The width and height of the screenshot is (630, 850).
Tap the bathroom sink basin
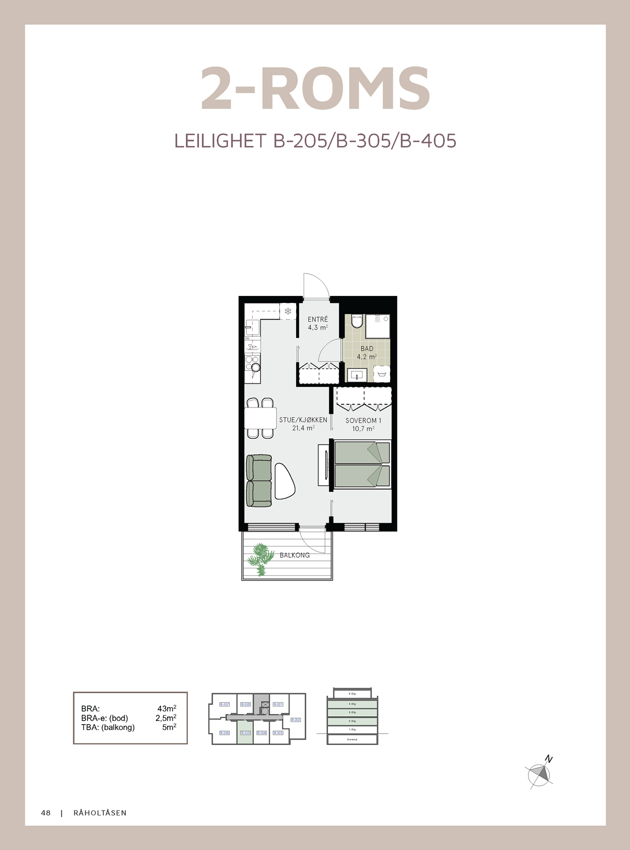(x=357, y=375)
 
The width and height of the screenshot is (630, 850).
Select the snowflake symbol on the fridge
(x=288, y=311)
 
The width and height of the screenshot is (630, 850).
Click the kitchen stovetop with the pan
(x=253, y=364)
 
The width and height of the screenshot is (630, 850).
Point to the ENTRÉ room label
(x=318, y=319)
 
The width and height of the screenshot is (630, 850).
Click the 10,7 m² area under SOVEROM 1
(x=363, y=429)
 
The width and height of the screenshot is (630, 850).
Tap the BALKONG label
(x=295, y=555)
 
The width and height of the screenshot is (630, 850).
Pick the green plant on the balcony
(x=260, y=558)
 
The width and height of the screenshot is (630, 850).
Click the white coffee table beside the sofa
(x=284, y=481)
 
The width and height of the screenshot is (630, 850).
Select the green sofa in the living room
(x=259, y=480)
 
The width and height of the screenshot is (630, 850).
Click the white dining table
(x=261, y=418)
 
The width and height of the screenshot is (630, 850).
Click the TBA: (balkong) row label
(x=108, y=727)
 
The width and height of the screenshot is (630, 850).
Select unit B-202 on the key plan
(x=296, y=720)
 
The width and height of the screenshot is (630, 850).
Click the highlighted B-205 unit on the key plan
(x=245, y=733)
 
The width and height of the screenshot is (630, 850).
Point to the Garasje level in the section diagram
(x=352, y=739)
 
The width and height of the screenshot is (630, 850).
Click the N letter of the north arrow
(x=549, y=760)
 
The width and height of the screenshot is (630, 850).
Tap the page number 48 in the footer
(x=46, y=813)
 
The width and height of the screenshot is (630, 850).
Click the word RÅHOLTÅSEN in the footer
(x=100, y=813)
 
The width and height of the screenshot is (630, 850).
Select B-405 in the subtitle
(x=428, y=141)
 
